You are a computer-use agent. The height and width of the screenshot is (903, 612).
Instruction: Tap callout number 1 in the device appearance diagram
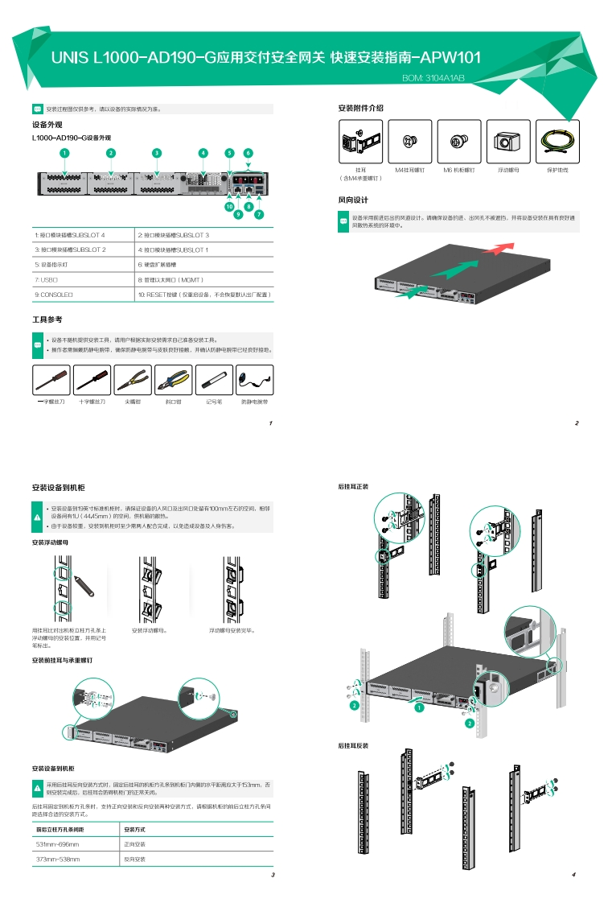point(64,152)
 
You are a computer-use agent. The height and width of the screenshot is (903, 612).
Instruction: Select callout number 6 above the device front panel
point(248,152)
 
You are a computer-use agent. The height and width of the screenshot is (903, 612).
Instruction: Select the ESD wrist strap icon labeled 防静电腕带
point(254,379)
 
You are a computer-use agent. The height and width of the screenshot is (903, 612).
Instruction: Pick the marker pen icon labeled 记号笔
point(214,379)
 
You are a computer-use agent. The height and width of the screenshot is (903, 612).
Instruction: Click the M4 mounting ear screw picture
point(410,142)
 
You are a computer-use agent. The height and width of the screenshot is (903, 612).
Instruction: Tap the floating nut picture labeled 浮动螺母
point(507,142)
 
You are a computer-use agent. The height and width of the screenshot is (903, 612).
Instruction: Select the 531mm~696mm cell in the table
point(76,844)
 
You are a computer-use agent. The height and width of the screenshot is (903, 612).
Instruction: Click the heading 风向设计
point(353,200)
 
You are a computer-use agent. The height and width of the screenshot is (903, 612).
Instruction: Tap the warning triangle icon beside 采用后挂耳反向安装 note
point(37,786)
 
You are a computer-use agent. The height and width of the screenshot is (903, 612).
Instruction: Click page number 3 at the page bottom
point(273,875)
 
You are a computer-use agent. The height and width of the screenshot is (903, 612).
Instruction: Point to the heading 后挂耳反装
point(353,746)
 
